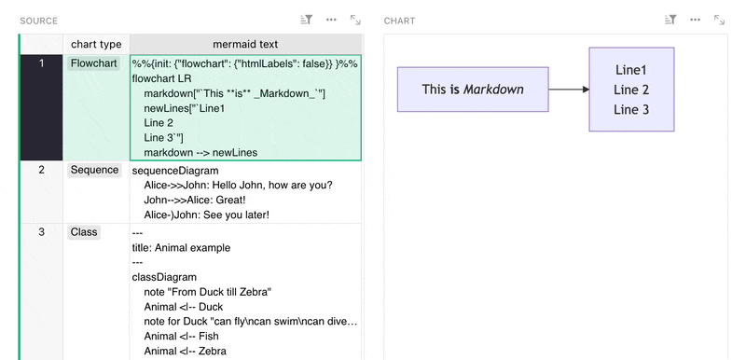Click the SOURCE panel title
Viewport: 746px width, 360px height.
[x=38, y=21]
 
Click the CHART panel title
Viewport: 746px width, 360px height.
[x=400, y=21]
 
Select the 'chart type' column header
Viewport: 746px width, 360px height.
[x=96, y=44]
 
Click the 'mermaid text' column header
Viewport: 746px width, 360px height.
[x=245, y=44]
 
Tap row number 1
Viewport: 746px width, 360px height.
[x=41, y=63]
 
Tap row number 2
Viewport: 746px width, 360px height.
[x=41, y=170]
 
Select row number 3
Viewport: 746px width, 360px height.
[x=41, y=232]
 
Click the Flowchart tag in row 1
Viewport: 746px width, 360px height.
[x=94, y=63]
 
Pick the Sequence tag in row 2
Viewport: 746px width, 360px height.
[x=95, y=170]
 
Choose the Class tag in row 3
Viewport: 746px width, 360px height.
[x=84, y=232]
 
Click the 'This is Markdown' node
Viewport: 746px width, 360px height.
[x=473, y=90]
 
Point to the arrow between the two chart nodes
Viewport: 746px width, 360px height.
[x=569, y=90]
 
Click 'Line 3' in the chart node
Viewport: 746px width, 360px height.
[x=631, y=110]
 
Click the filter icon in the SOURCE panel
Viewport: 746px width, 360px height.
[x=307, y=20]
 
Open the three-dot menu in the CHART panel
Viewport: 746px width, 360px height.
[x=695, y=20]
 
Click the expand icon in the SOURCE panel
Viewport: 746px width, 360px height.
[x=355, y=20]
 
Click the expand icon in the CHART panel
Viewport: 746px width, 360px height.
[x=719, y=20]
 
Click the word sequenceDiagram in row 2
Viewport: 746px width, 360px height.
[x=175, y=171]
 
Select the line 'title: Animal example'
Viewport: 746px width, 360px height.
[x=181, y=248]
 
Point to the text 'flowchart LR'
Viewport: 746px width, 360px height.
[x=161, y=79]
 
